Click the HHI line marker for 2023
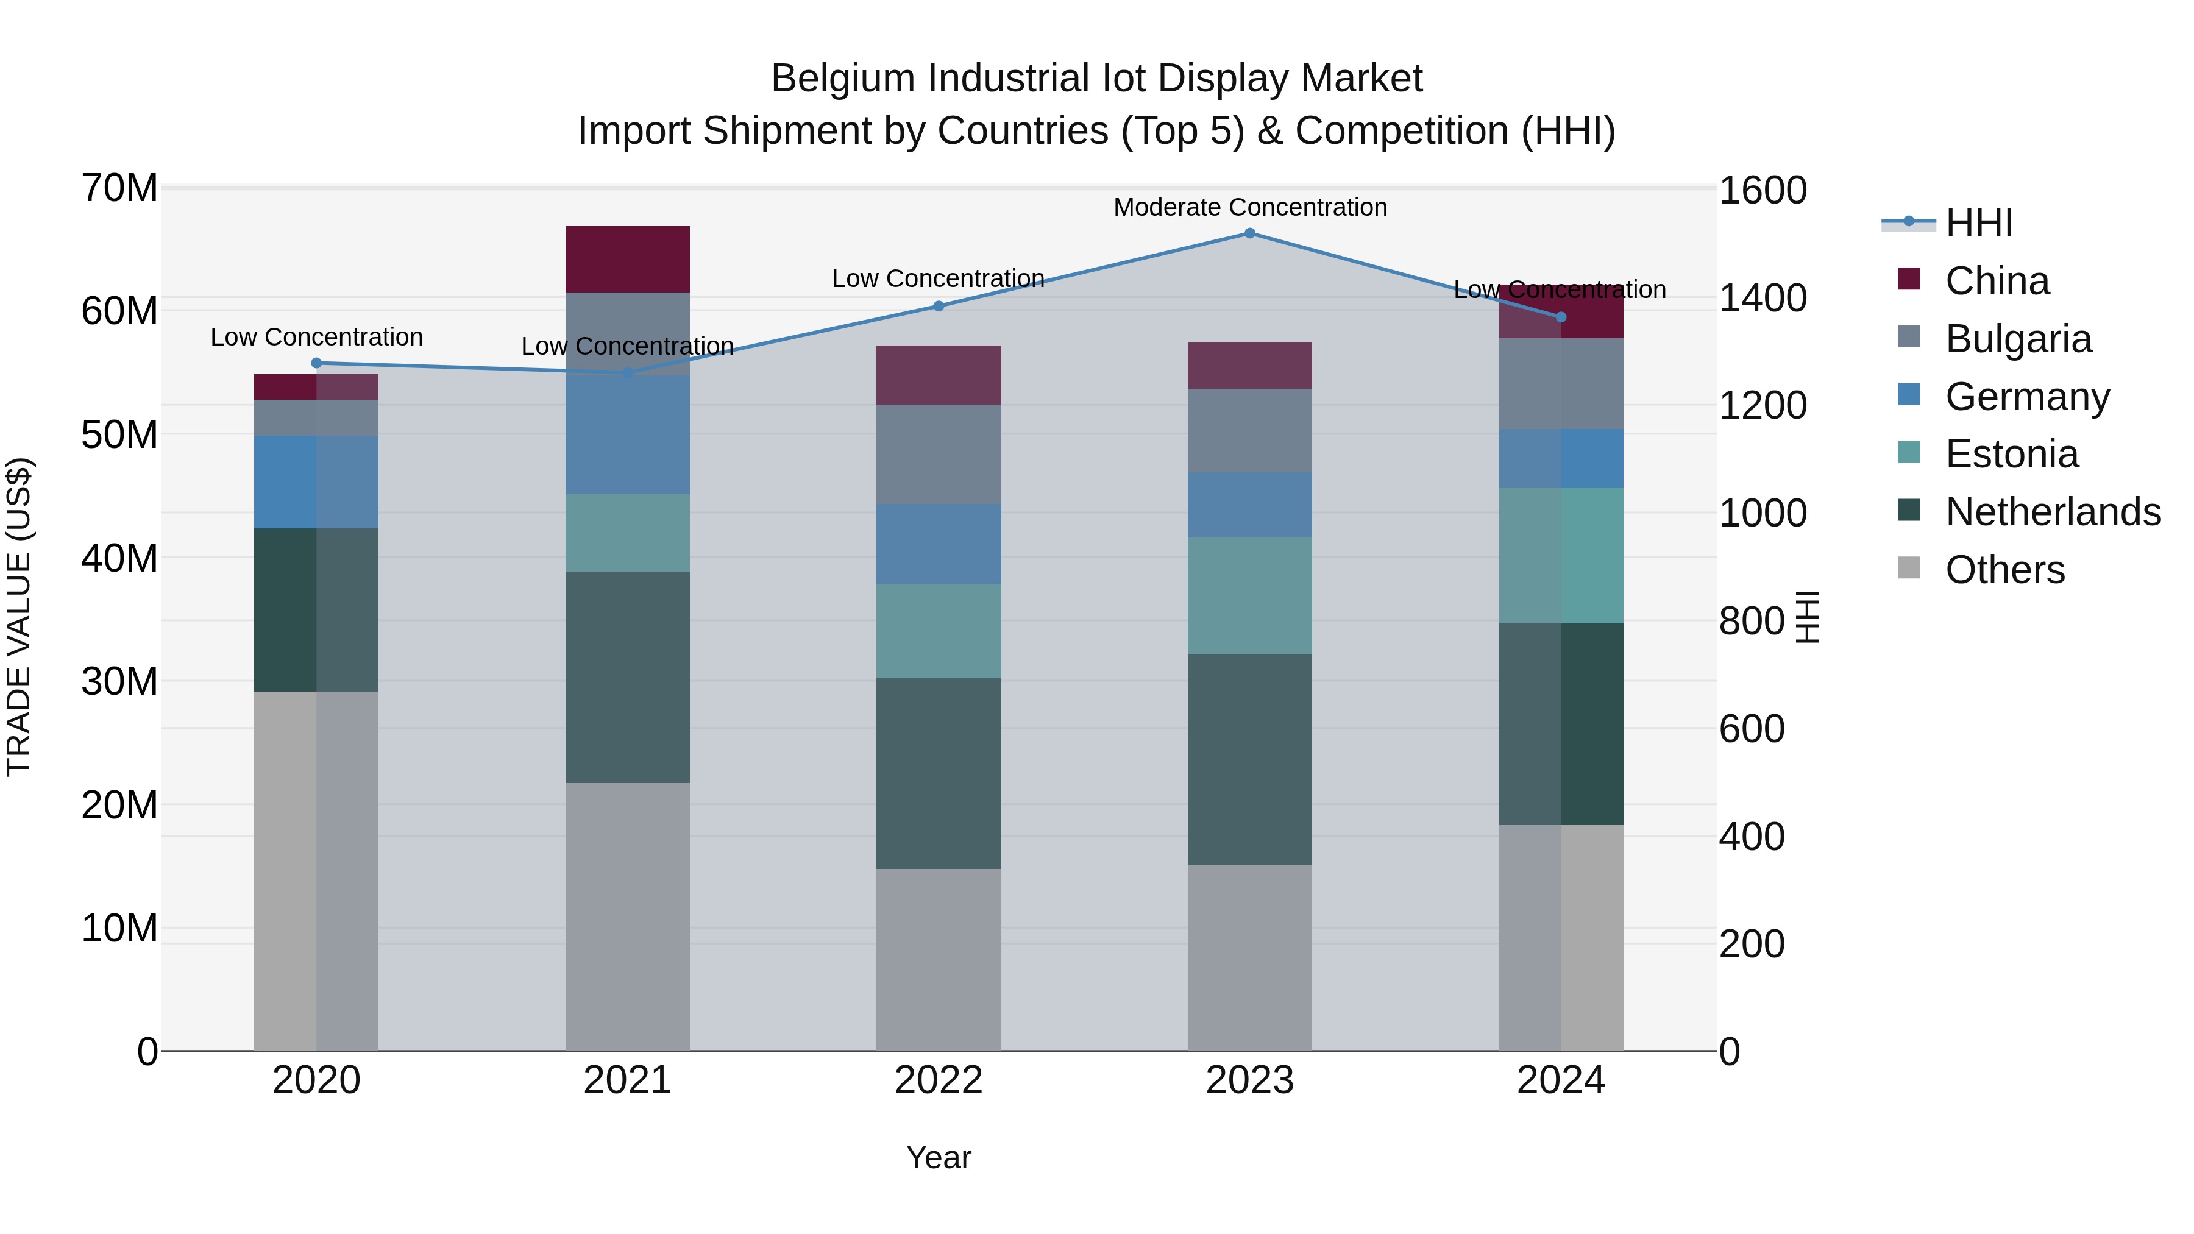click(x=1249, y=233)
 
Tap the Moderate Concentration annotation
click(x=1249, y=208)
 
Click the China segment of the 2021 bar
click(x=627, y=260)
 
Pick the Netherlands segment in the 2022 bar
click(x=938, y=773)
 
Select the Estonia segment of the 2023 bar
click(x=1249, y=595)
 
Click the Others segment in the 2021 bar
click(x=627, y=917)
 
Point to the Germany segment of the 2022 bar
click(x=938, y=544)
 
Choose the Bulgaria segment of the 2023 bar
click(x=1249, y=431)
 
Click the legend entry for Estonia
click(x=2011, y=454)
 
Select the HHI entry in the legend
click(x=1978, y=223)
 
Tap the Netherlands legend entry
click(x=2052, y=512)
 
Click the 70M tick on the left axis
click(x=119, y=188)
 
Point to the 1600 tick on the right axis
click(x=1761, y=190)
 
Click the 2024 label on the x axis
click(x=1560, y=1080)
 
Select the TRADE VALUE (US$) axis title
click(x=20, y=617)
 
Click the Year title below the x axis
click(x=938, y=1157)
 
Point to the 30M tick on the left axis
click(x=119, y=681)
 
